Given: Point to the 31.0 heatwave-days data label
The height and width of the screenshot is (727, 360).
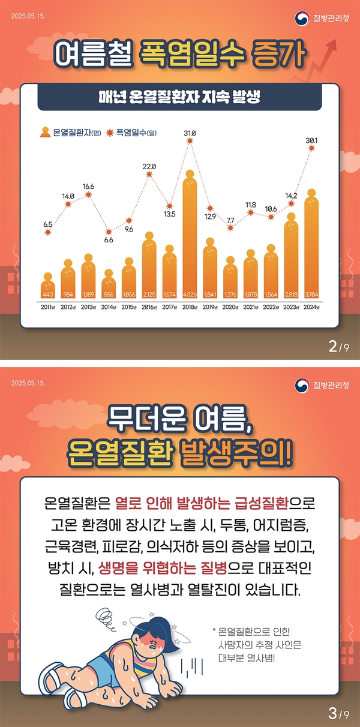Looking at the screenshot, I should [190, 133].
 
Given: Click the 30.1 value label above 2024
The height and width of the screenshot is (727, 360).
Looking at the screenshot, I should [311, 140].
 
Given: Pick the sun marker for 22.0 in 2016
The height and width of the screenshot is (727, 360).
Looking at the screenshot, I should [149, 175].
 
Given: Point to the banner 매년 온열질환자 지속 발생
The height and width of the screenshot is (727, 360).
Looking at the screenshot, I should [179, 98].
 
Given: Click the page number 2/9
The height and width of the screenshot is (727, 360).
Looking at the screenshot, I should [338, 346].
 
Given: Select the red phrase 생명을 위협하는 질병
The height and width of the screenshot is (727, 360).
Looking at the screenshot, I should [156, 567].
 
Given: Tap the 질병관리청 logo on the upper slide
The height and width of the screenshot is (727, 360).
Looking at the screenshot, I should [323, 18].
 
